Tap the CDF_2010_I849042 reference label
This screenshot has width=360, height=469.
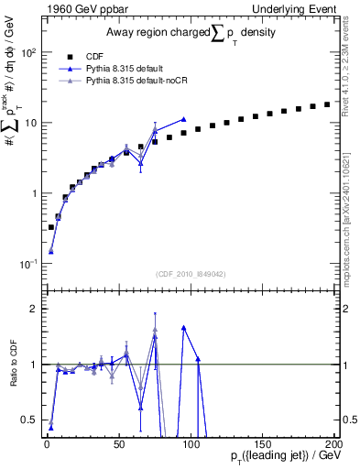coord(188,273)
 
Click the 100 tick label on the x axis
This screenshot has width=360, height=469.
coord(191,444)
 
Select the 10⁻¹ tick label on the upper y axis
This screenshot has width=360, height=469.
coord(27,264)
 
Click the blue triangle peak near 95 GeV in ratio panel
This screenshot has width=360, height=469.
coord(184,327)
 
